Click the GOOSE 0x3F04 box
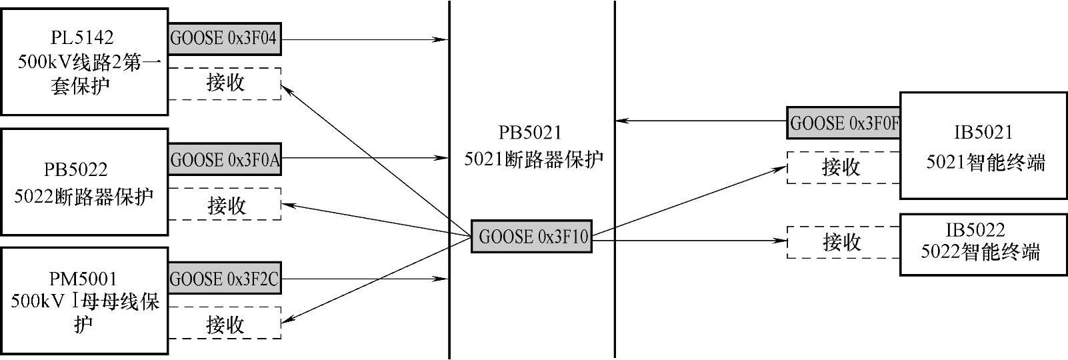224,39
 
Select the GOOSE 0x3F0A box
224,159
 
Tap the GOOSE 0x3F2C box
224,279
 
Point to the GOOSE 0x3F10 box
531,236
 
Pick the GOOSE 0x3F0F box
843,123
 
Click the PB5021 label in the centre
531,133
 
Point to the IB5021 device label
983,133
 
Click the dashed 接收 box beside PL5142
225,83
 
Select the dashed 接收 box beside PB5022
225,205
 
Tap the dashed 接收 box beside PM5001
225,324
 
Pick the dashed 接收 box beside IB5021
843,167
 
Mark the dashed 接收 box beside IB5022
843,242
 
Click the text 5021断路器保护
533,159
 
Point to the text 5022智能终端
980,252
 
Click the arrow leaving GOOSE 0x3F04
363,39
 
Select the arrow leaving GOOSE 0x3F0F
700,121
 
